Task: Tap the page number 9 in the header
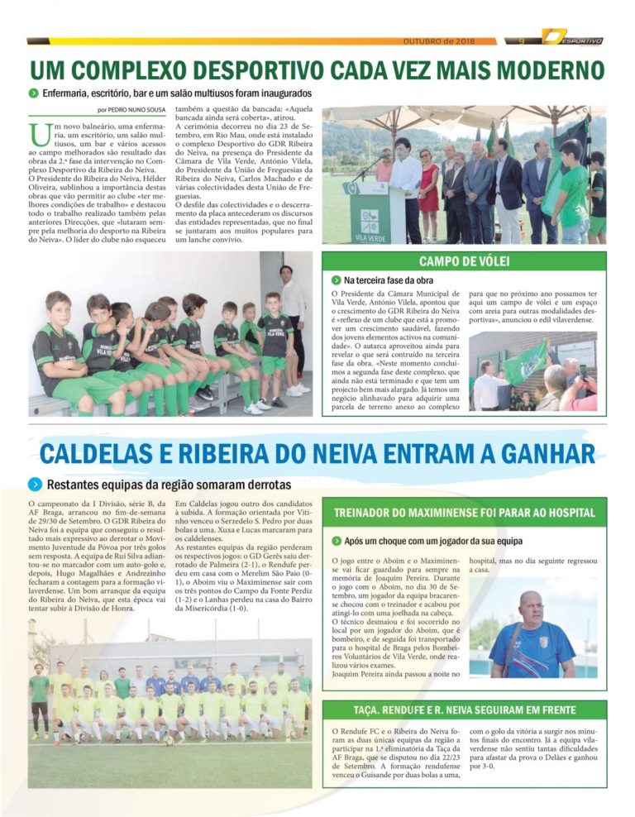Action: point(522,40)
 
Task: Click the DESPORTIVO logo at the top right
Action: point(573,38)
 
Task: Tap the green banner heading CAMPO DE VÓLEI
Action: point(464,261)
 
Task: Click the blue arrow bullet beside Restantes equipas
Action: point(35,484)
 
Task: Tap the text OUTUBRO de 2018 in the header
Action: point(438,40)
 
